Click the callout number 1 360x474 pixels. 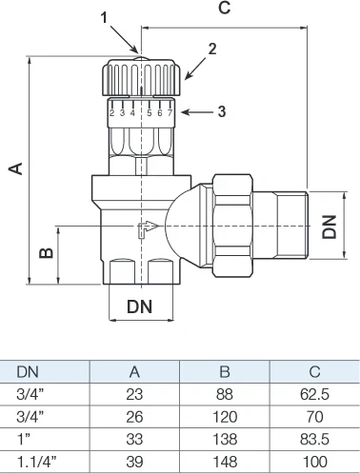click(105, 17)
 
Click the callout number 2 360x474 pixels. click(212, 49)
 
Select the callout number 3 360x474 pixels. click(222, 111)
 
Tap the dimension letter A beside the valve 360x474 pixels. click(16, 168)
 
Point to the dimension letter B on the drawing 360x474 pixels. click(46, 252)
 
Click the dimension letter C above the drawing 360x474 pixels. click(225, 8)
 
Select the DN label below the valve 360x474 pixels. click(140, 306)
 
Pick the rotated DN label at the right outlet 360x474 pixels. click(329, 227)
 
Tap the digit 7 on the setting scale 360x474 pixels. click(170, 113)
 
